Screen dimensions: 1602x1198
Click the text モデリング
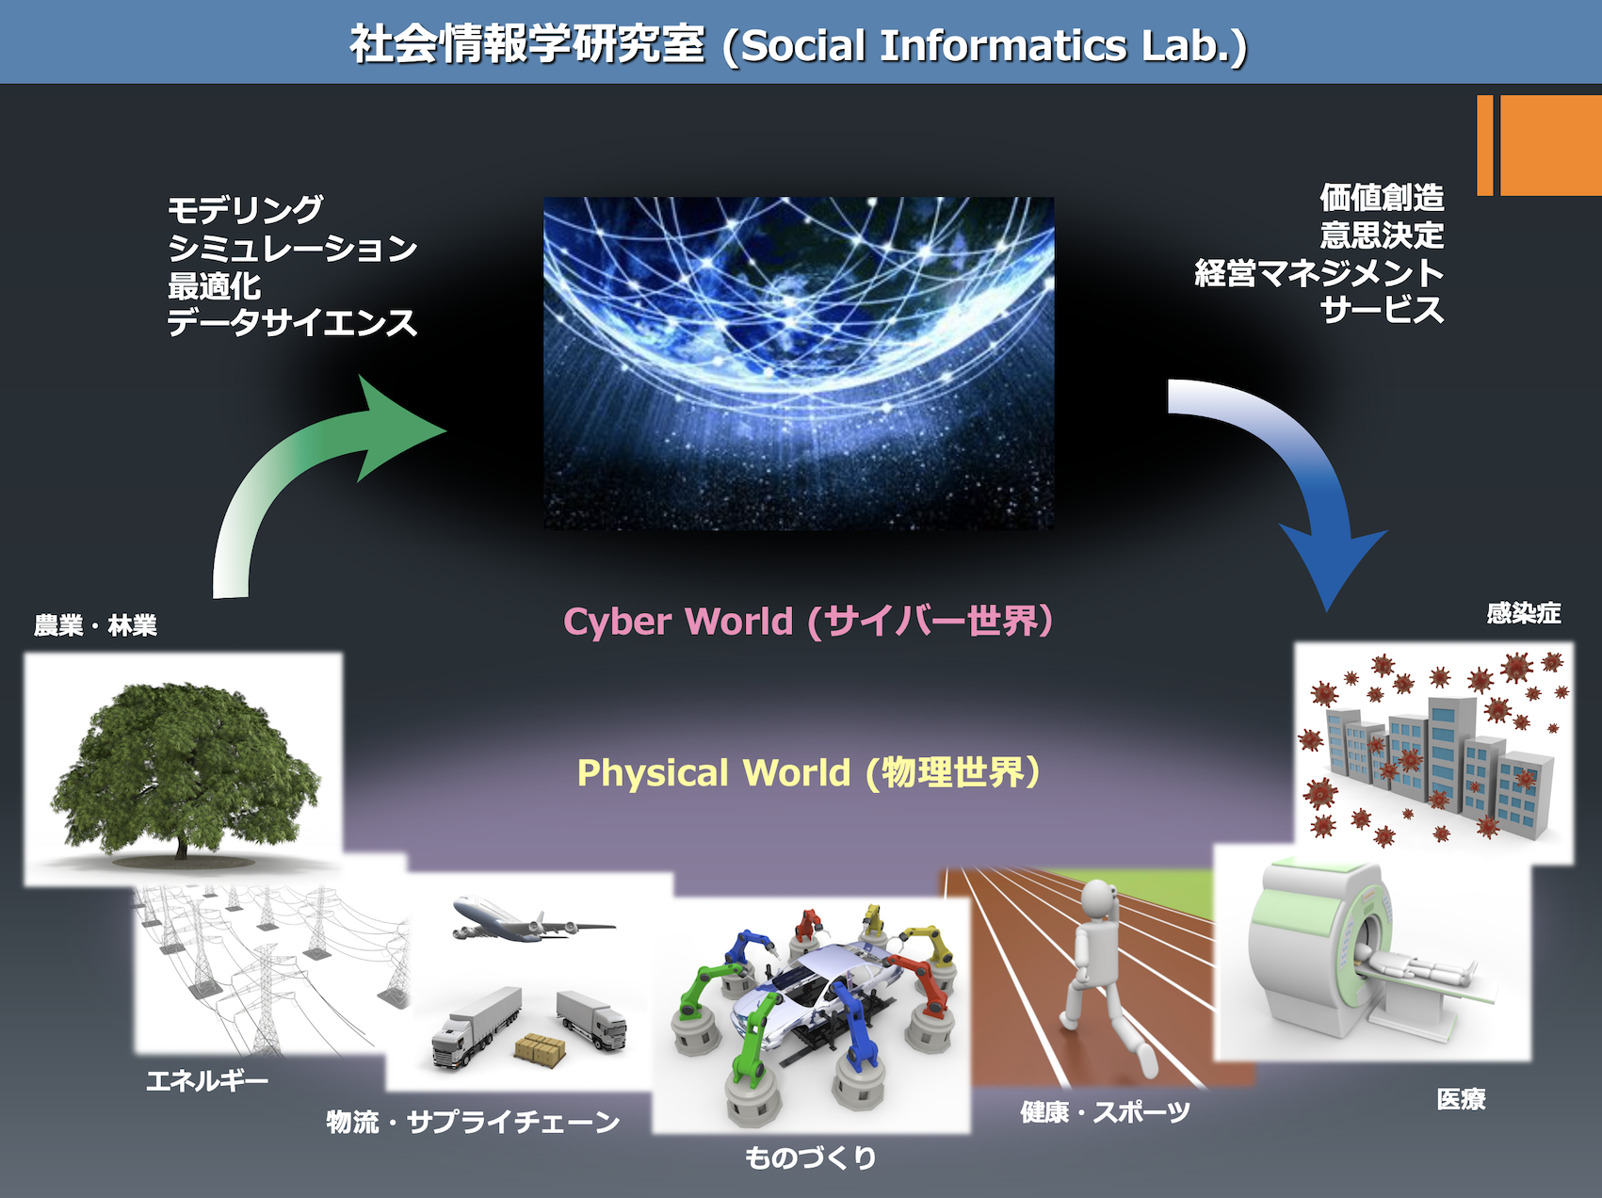coord(245,209)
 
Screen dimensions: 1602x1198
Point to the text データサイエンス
coord(292,323)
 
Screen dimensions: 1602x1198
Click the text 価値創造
coord(1382,198)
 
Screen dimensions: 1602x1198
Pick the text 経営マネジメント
coord(1319,273)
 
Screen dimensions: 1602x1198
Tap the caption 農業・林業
coord(95,625)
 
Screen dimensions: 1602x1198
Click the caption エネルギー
coord(207,1080)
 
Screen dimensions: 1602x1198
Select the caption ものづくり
coord(811,1158)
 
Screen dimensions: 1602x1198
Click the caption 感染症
coord(1524,613)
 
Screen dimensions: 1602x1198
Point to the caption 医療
coord(1462,1099)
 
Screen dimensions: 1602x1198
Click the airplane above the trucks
coord(533,919)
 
